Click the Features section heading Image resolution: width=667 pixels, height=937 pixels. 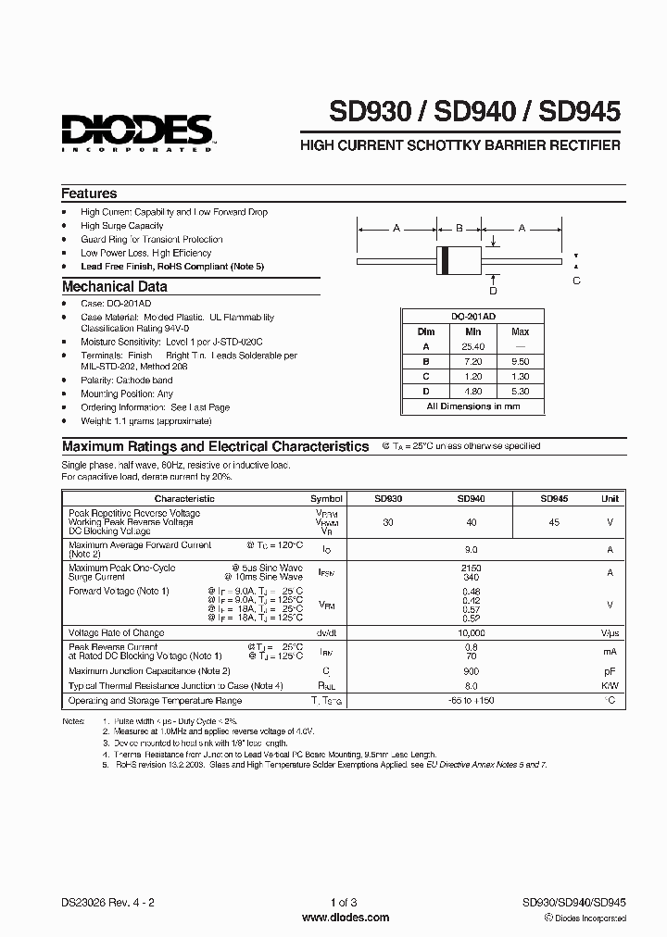click(89, 194)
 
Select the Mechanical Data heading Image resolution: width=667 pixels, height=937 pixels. click(114, 287)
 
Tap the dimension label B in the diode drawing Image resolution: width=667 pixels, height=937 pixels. click(459, 228)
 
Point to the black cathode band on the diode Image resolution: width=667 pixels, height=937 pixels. click(446, 260)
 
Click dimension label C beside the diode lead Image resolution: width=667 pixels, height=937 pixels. click(576, 281)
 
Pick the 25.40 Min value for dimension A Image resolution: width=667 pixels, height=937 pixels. click(472, 346)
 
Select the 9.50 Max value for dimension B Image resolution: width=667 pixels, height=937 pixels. click(520, 361)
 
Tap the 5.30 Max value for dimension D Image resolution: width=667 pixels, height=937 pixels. click(520, 392)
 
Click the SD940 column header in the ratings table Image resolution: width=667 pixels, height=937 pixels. click(471, 498)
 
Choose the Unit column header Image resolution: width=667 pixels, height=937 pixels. click(610, 498)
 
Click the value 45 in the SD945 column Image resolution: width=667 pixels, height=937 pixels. click(554, 522)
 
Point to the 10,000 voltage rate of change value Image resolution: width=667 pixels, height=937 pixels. click(471, 633)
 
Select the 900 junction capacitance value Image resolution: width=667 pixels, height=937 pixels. click(471, 670)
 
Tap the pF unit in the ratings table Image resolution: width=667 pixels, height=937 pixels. click(610, 670)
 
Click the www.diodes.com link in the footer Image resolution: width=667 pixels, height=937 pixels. click(333, 918)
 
